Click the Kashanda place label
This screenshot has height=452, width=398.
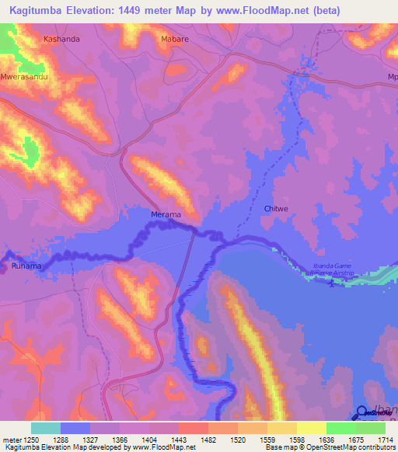tap(61, 38)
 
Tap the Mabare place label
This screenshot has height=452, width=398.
tap(175, 38)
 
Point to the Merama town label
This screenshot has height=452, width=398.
tap(166, 214)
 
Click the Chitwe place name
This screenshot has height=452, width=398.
tap(276, 208)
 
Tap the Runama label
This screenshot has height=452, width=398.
tap(25, 266)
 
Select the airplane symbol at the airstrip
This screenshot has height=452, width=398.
tap(333, 283)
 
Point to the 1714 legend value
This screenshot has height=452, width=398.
tap(386, 439)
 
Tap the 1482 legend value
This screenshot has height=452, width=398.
tap(208, 439)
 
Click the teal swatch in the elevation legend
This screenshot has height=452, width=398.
tap(46, 428)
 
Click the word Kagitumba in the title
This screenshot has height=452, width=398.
tap(38, 10)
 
